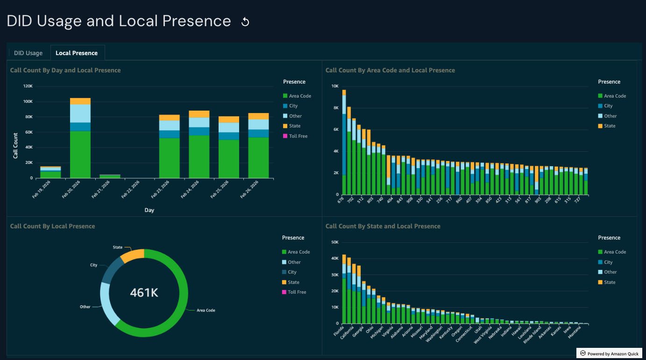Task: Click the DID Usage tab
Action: point(28,53)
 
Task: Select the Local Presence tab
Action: point(77,53)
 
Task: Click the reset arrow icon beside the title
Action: point(245,22)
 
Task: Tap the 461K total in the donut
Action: point(144,293)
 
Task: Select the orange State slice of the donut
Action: point(133,255)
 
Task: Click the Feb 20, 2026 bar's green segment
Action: point(80,154)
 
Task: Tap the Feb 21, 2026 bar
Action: point(110,176)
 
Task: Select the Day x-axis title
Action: point(149,210)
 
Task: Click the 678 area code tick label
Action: point(341,201)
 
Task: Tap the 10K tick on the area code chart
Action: point(335,86)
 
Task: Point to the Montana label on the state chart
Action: point(575,332)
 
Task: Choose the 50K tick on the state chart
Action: point(334,242)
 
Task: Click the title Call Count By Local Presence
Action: point(53,226)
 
